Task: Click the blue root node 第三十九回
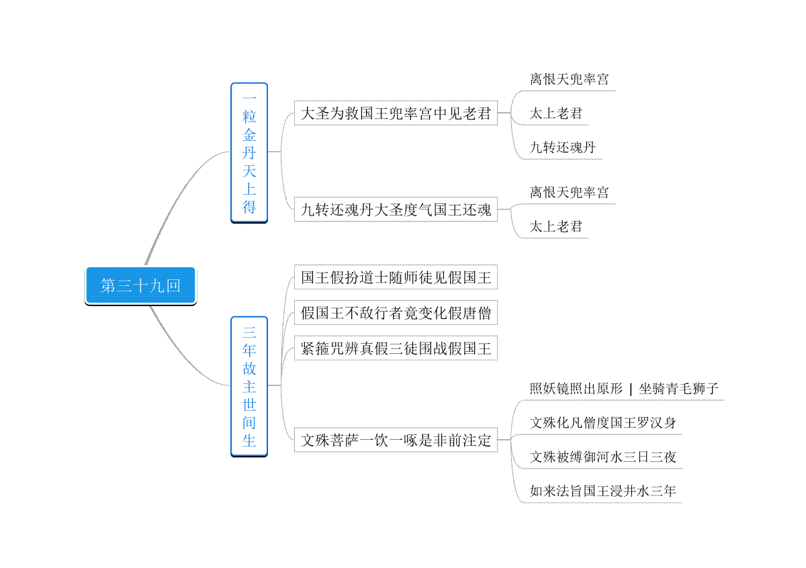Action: (x=140, y=285)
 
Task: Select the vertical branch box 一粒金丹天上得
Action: (x=249, y=152)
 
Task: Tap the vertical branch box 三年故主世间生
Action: (x=249, y=386)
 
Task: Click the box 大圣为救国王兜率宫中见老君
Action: (x=396, y=113)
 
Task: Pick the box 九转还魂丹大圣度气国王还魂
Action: (x=396, y=209)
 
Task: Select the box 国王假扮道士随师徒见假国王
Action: (x=396, y=277)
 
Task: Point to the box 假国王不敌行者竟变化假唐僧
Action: (x=396, y=313)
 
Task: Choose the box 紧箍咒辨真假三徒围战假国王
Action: (x=396, y=348)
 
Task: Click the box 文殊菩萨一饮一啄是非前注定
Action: (x=396, y=440)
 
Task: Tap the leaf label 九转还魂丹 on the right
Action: (x=563, y=147)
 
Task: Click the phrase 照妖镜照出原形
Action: (x=576, y=389)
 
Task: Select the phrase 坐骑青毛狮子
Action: (x=678, y=389)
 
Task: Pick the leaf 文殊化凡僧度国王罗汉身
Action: (x=603, y=423)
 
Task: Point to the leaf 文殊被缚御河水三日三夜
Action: (x=603, y=457)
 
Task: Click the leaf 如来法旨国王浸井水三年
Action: (x=603, y=491)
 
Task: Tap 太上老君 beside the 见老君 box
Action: (x=556, y=113)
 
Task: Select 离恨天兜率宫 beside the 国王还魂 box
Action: (x=570, y=192)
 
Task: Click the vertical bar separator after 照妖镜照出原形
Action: (x=631, y=389)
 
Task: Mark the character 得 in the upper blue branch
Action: (x=249, y=207)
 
